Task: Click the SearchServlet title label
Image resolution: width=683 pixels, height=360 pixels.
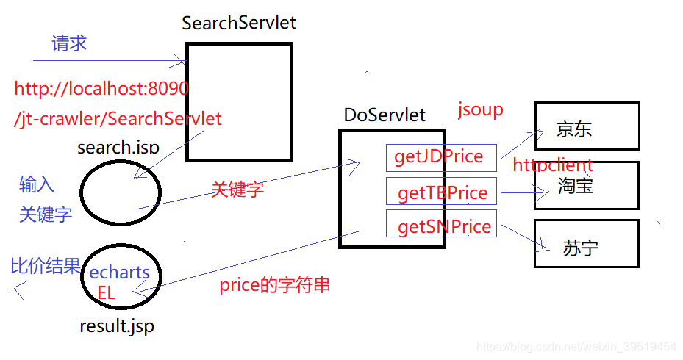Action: tap(239, 22)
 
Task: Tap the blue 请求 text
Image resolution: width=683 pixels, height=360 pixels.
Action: tap(69, 43)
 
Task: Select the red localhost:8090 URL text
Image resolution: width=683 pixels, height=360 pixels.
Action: tap(101, 90)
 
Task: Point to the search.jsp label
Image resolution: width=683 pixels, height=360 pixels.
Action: tap(118, 147)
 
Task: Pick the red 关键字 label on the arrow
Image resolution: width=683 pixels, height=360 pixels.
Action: tap(237, 190)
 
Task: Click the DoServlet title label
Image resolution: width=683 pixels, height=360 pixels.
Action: tap(385, 115)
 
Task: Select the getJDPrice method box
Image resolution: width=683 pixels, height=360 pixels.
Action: tap(440, 156)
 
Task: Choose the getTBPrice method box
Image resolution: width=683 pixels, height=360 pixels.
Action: tap(442, 192)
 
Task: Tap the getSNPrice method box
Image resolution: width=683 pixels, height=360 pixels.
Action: tap(442, 226)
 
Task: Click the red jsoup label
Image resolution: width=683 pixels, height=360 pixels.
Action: tap(481, 110)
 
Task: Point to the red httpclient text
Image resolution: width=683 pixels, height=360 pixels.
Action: tap(553, 165)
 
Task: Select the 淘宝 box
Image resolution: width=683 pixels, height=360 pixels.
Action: tap(586, 186)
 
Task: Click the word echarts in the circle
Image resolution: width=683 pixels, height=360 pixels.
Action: tap(120, 273)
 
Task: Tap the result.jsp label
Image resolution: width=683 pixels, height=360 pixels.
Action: tap(117, 326)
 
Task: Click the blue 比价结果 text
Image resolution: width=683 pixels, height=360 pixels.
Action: tap(45, 266)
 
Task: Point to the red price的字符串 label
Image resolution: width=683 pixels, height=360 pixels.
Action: tap(274, 285)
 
